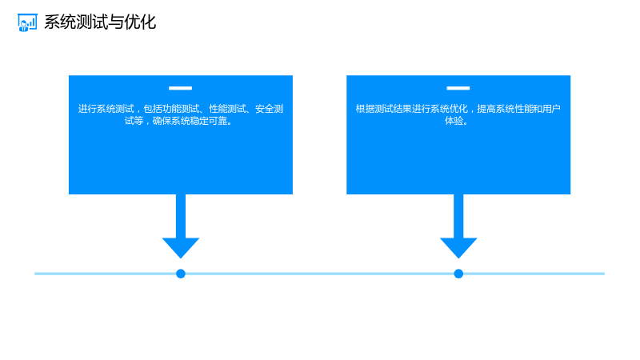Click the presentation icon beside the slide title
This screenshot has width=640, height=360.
coord(27,22)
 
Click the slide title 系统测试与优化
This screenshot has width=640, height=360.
coord(100,22)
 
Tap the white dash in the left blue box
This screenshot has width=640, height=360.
coord(181,88)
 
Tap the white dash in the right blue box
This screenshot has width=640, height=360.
coord(458,88)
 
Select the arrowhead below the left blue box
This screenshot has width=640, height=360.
coord(181,247)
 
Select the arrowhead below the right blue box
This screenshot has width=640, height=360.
coord(458,247)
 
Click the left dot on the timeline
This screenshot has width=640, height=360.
coord(181,274)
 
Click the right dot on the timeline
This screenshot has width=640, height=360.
coord(458,274)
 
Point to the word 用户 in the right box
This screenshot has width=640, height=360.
coord(551,109)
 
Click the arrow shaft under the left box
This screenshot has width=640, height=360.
coord(181,216)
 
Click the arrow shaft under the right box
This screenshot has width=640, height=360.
coord(458,216)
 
